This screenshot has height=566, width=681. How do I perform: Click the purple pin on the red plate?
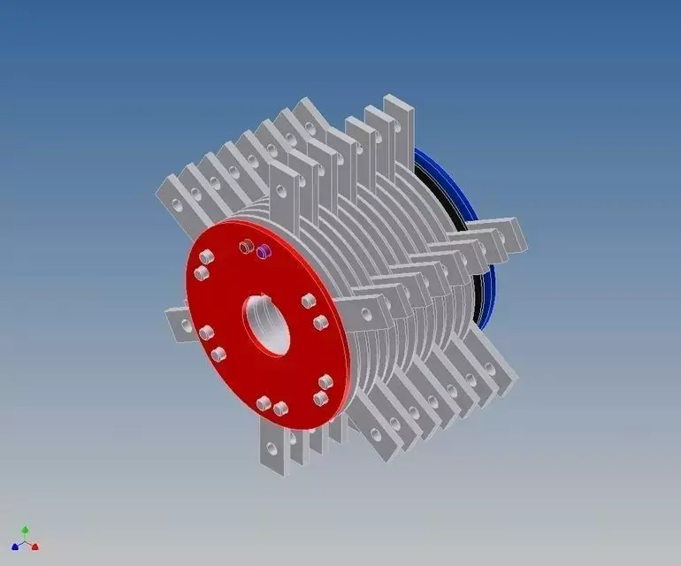coord(262,253)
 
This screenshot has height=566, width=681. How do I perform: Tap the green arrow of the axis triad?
coord(25,531)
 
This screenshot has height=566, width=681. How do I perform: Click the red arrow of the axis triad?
coord(34,547)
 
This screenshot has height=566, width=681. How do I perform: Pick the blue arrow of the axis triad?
coord(15,547)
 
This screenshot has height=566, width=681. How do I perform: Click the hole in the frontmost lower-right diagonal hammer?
coord(377,434)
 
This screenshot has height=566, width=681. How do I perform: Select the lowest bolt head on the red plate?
coord(280,409)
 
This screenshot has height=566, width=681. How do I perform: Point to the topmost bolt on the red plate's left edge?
coord(206,257)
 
